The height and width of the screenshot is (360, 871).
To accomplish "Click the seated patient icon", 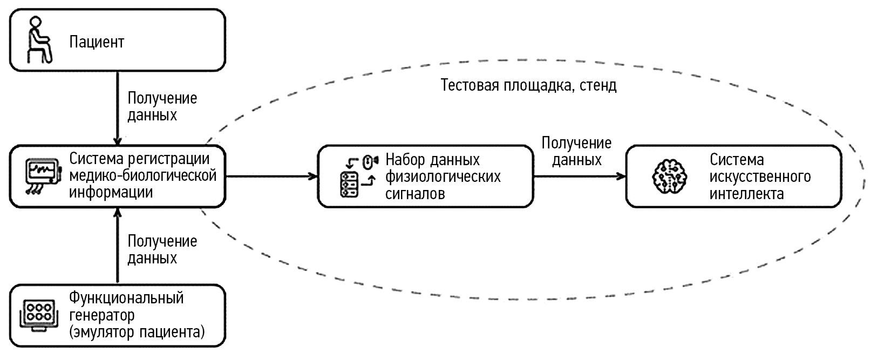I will (x=39, y=39).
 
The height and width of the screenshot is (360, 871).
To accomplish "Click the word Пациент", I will (x=97, y=42).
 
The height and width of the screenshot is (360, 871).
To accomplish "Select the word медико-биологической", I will (x=143, y=176).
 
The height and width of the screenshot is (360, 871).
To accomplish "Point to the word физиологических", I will (x=443, y=176).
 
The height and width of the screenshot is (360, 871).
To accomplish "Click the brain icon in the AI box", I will (x=670, y=176).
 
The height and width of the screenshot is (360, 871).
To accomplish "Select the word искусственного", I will (x=760, y=176).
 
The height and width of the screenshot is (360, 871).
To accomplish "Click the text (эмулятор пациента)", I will (x=137, y=331).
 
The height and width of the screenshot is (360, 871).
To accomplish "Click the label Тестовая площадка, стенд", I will (x=528, y=85).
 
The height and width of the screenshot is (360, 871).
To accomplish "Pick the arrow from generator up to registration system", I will (x=117, y=246).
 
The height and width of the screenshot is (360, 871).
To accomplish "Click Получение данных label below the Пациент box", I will (x=162, y=106).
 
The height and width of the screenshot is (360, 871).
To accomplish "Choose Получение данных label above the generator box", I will (x=162, y=249).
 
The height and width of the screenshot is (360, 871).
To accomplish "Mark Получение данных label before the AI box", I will (x=576, y=151).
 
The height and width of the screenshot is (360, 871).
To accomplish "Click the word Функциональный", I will (x=126, y=297).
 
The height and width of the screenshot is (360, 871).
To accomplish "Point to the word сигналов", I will (x=415, y=193).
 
